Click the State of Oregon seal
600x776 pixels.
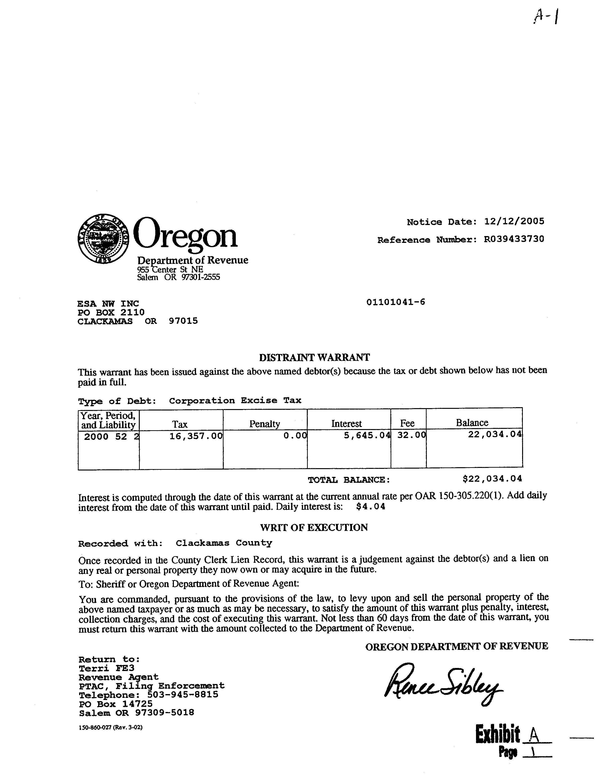pyautogui.click(x=103, y=239)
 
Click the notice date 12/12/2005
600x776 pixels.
pyautogui.click(x=514, y=222)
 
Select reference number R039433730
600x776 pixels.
pyautogui.click(x=514, y=239)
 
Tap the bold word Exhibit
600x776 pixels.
pyautogui.click(x=497, y=735)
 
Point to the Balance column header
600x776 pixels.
pyautogui.click(x=472, y=423)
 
